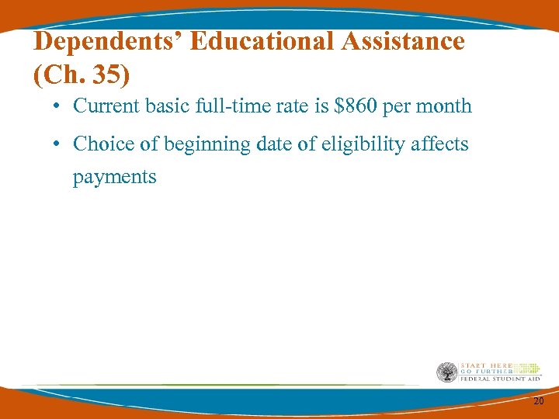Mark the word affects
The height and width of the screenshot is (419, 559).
click(x=439, y=144)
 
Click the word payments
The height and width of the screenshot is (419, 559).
click(x=114, y=178)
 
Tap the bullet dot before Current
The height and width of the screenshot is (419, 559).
click(x=59, y=106)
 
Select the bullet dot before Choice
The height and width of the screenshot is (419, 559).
click(x=59, y=144)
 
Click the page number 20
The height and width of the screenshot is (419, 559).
click(x=539, y=400)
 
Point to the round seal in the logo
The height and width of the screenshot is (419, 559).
click(x=446, y=372)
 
